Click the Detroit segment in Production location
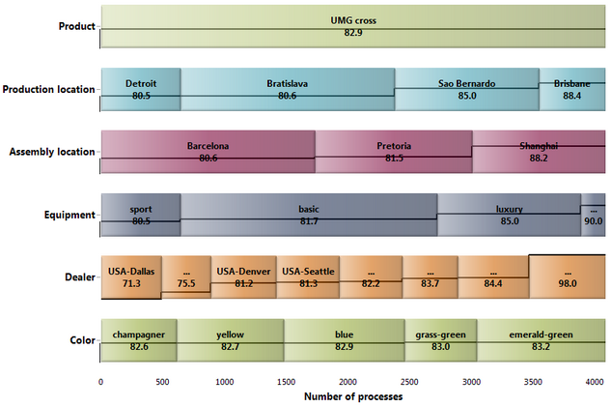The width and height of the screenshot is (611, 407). click(x=141, y=89)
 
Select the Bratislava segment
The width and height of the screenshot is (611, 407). click(x=288, y=89)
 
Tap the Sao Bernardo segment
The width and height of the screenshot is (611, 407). click(x=467, y=89)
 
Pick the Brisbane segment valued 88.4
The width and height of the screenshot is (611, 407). click(x=572, y=89)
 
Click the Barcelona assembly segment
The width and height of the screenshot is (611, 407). click(x=208, y=152)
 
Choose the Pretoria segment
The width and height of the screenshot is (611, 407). click(x=394, y=152)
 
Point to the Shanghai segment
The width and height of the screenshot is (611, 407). click(x=539, y=152)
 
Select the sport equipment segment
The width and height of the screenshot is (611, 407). click(x=141, y=215)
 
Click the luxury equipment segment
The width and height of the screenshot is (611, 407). click(x=510, y=215)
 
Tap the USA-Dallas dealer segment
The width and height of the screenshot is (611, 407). click(x=131, y=277)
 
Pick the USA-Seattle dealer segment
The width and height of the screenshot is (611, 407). click(x=308, y=277)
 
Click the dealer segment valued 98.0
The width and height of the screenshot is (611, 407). click(x=568, y=277)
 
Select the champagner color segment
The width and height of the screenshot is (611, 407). click(x=139, y=340)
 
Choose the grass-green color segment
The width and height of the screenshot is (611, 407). click(x=441, y=340)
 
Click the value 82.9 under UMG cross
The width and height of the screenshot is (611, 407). click(x=353, y=33)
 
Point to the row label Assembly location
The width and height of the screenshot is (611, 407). click(x=52, y=152)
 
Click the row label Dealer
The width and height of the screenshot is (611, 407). click(x=80, y=277)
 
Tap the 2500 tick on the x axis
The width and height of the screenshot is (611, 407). click(x=409, y=382)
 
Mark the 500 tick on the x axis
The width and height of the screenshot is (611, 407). click(x=162, y=382)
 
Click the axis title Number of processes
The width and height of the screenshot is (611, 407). click(x=353, y=397)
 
